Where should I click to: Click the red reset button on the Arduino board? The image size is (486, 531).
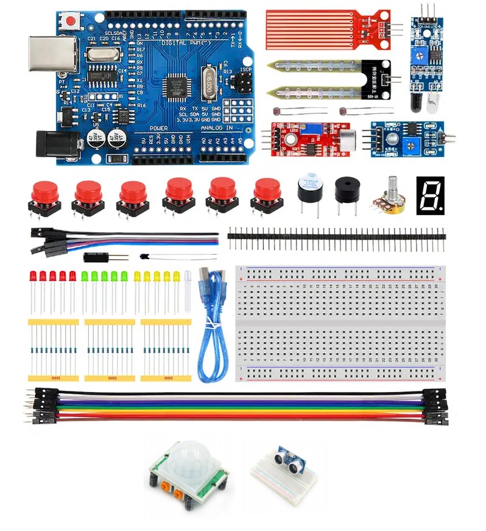[x=72, y=21]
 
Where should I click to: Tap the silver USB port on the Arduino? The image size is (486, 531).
[x=52, y=53]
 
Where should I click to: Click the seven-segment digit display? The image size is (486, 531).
[x=430, y=195]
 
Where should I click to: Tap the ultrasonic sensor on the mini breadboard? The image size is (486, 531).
[x=290, y=461]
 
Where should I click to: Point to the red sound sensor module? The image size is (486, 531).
[x=305, y=138]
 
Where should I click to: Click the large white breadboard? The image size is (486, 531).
[x=341, y=323]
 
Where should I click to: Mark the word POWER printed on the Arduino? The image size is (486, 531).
[x=158, y=129]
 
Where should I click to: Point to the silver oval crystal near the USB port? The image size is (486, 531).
[x=99, y=54]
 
